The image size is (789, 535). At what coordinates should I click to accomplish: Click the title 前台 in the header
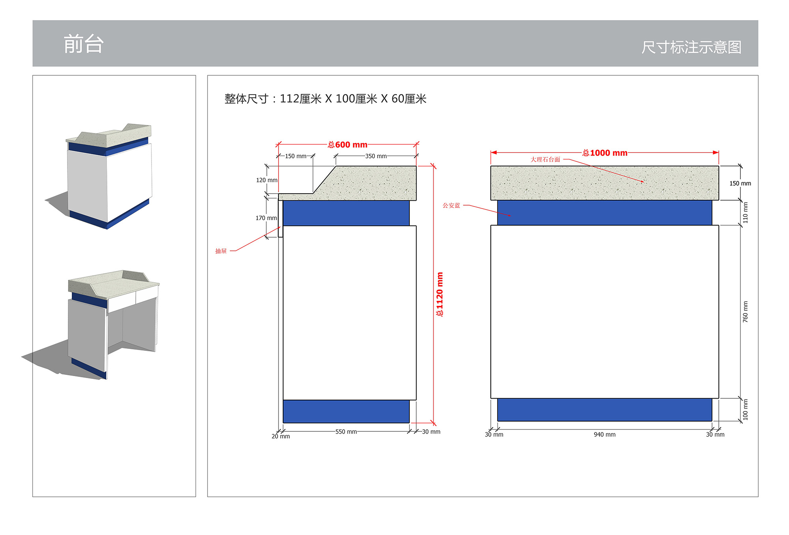[84, 44]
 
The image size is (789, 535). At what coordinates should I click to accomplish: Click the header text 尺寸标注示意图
[691, 47]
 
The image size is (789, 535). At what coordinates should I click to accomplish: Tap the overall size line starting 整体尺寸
[325, 99]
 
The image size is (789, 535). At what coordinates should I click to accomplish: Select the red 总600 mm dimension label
[348, 145]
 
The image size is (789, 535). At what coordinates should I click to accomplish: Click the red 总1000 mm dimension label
[605, 153]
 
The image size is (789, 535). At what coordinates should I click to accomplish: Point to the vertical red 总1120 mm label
[439, 294]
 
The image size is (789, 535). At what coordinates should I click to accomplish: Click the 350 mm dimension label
[376, 156]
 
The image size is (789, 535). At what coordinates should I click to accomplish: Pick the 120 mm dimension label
[267, 180]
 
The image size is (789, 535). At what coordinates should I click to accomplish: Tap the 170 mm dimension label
[266, 218]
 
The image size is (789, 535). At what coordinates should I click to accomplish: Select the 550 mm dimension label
[346, 432]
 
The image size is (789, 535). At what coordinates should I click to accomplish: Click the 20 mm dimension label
[280, 436]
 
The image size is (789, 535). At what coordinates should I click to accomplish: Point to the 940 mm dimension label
[604, 434]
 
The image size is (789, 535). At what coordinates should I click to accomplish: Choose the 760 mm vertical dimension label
[745, 312]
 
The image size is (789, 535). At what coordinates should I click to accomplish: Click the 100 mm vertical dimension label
[745, 410]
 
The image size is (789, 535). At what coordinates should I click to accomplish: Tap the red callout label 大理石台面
[545, 160]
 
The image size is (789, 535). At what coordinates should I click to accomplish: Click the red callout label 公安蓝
[451, 205]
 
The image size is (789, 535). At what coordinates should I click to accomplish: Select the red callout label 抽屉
[221, 251]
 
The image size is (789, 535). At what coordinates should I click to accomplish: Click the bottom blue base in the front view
[604, 410]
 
